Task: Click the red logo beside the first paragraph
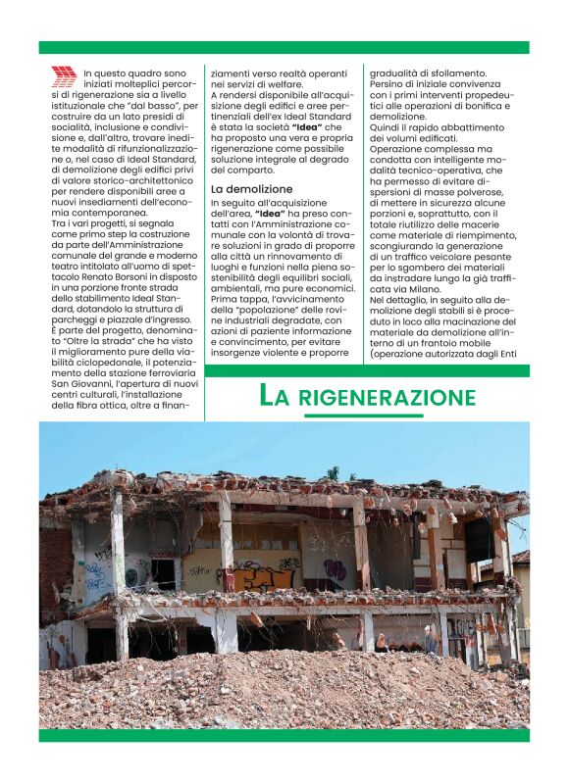click(63, 76)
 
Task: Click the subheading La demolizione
click(251, 188)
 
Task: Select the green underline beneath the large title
click(363, 416)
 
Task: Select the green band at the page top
click(284, 47)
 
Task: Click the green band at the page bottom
click(284, 734)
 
